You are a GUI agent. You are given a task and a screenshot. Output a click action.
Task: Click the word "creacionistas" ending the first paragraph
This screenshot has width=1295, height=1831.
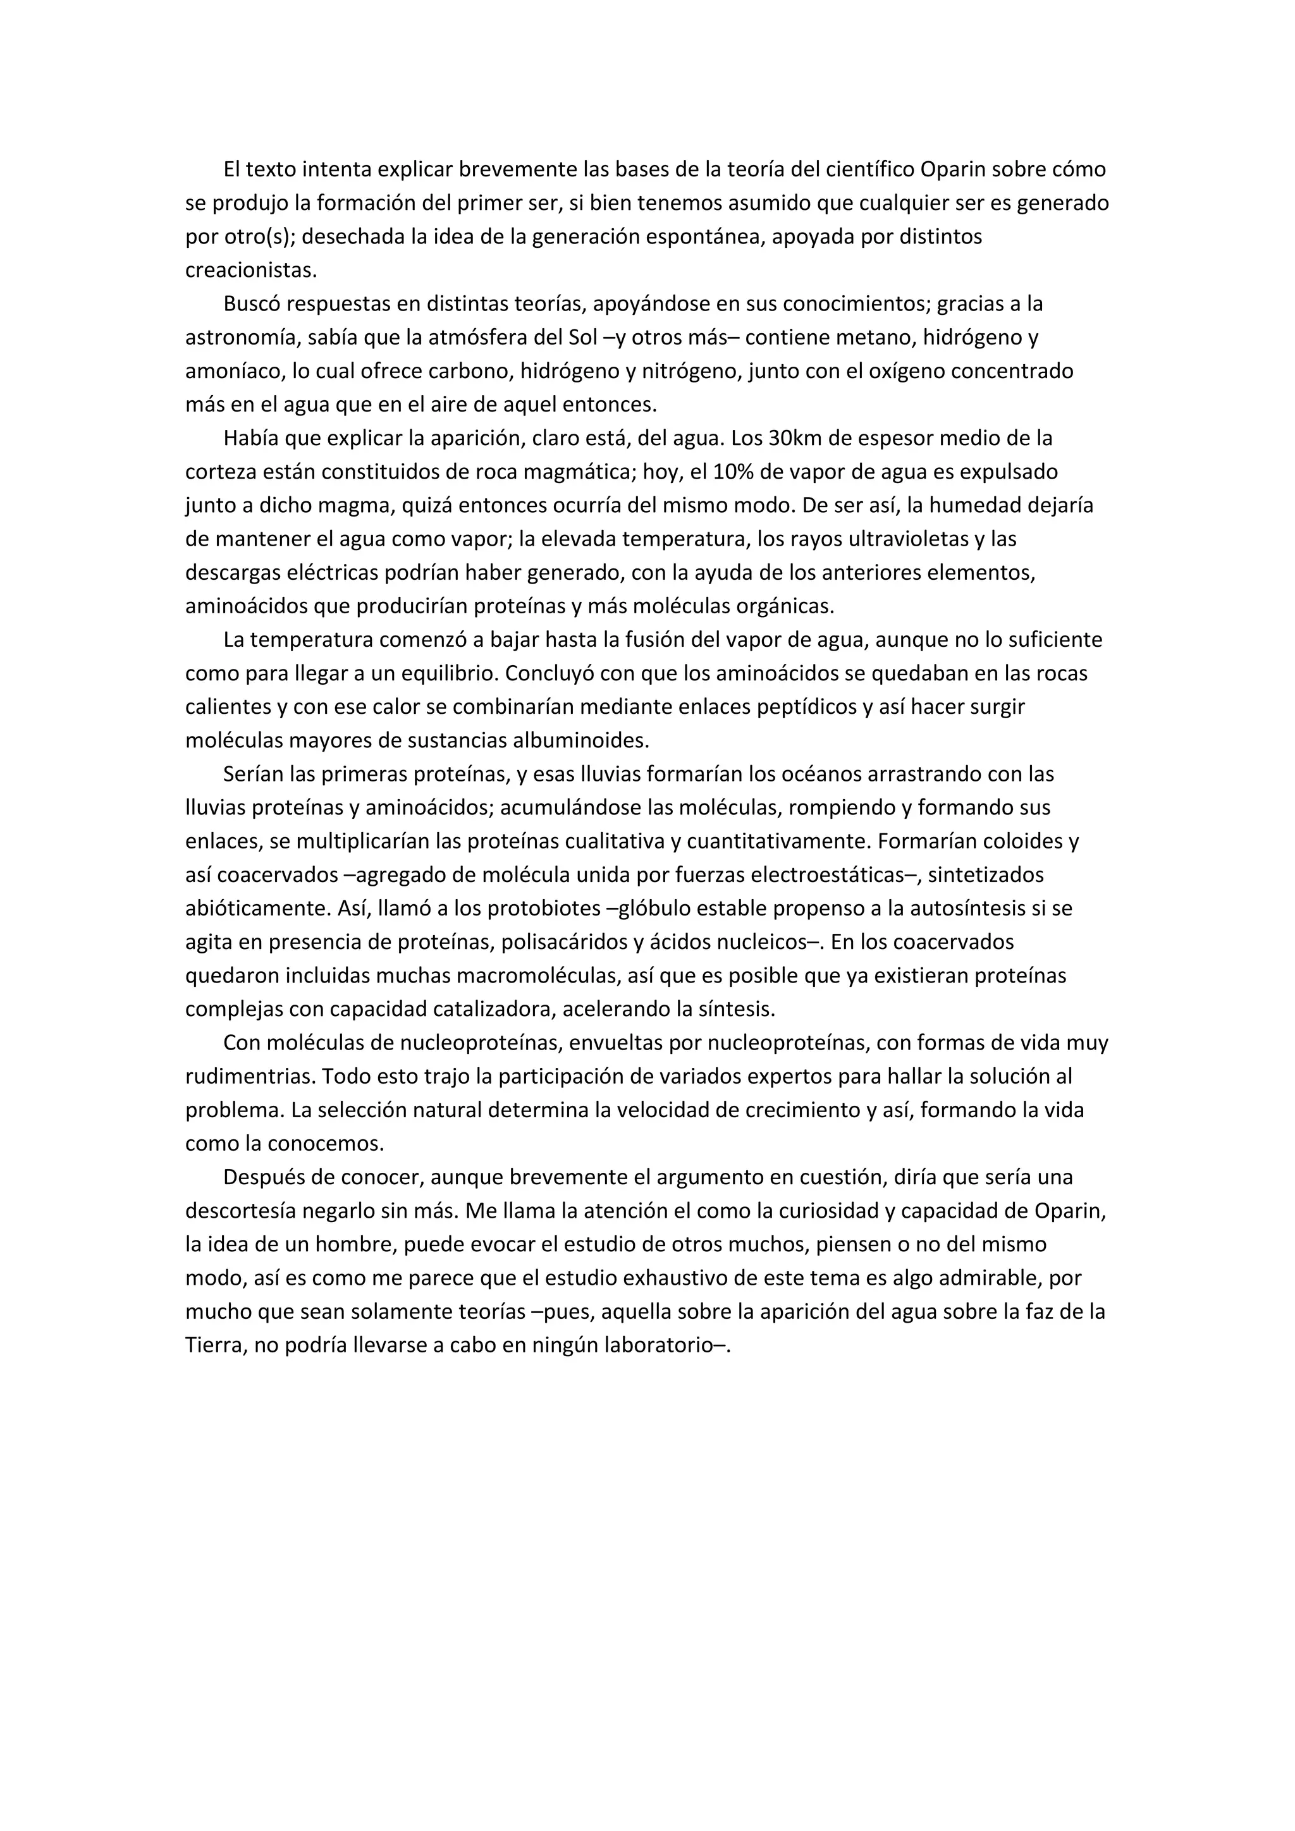250,271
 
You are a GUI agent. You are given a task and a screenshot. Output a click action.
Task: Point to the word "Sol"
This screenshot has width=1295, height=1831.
582,338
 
